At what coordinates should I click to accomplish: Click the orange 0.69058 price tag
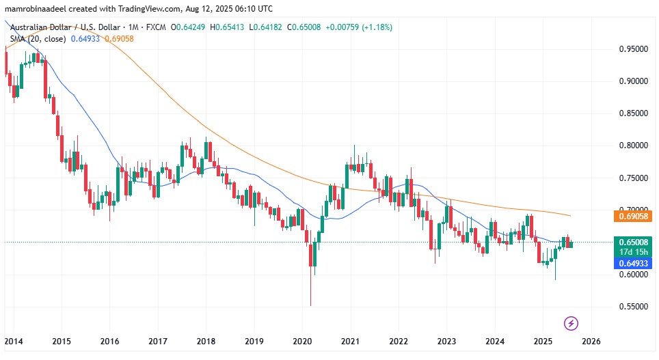[632, 217]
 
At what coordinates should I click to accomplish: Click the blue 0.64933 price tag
[632, 263]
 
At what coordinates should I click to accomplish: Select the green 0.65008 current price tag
[632, 242]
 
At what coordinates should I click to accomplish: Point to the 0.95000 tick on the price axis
[632, 49]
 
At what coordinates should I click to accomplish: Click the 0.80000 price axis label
[632, 146]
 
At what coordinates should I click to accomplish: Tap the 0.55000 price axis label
[632, 307]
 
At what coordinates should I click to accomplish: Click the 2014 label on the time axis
[13, 341]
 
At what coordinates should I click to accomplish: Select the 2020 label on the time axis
[302, 341]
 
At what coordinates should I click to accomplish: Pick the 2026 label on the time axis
[591, 341]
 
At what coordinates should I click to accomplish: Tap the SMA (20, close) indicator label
[38, 39]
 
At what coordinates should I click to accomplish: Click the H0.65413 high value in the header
[230, 27]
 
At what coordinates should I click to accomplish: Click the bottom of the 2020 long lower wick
[310, 305]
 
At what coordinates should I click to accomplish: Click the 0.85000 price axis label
[632, 113]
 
